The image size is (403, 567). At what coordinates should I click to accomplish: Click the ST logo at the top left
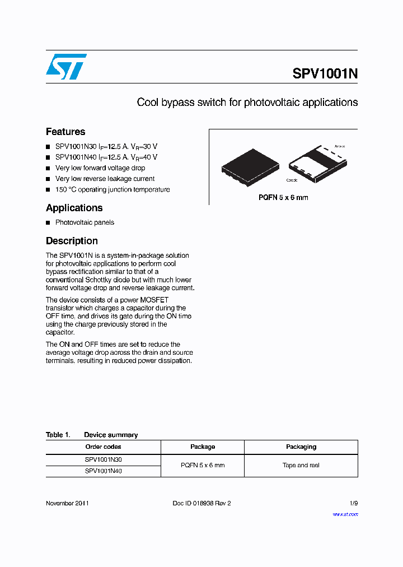point(66,67)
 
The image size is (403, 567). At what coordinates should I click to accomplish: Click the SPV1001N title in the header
point(325,75)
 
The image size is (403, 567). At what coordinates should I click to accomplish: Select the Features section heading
point(65,132)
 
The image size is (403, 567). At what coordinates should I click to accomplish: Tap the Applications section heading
point(74,208)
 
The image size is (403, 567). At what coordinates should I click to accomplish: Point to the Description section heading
point(72,241)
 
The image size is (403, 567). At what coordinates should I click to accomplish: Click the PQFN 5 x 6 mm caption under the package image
point(283,197)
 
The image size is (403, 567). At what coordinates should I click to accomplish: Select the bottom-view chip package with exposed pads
point(317,163)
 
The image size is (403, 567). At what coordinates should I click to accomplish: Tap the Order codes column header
point(103,447)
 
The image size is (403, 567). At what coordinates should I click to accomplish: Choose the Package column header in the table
point(203,447)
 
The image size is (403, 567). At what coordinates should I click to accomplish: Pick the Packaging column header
point(301,447)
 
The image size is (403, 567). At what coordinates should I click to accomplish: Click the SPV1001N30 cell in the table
point(103,459)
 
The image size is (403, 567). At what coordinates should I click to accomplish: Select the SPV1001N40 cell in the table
point(103,471)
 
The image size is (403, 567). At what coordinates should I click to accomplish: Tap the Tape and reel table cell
point(301,466)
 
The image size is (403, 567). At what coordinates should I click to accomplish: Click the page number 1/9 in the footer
point(353,503)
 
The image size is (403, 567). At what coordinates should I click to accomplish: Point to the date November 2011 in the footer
point(67,503)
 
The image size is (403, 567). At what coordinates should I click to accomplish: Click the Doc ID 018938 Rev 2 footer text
point(201,503)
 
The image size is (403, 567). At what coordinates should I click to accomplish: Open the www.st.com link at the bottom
point(345,514)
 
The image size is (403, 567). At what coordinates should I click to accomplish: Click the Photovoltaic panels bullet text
point(85,222)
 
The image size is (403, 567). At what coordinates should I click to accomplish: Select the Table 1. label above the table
point(57,435)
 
